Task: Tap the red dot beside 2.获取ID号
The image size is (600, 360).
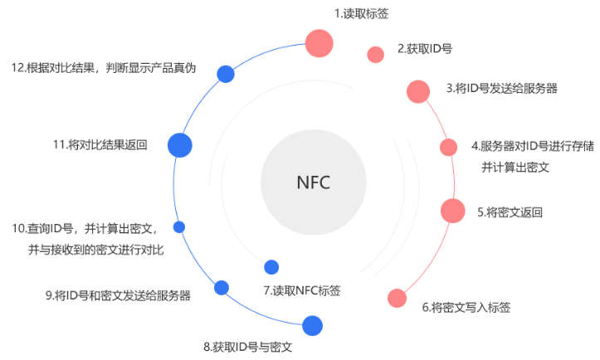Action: (375, 55)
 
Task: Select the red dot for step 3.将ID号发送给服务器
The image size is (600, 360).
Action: (418, 91)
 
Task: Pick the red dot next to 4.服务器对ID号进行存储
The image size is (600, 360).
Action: (448, 147)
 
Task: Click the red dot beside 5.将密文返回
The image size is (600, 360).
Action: (452, 210)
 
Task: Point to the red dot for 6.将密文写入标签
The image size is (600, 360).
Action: (398, 298)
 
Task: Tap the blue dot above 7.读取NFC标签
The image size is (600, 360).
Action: (271, 267)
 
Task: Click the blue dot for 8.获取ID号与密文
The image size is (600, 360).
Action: (312, 325)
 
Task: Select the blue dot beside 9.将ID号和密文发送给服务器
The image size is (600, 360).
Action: (221, 288)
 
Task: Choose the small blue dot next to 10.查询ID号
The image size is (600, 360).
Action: (178, 226)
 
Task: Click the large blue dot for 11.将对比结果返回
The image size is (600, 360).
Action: (180, 145)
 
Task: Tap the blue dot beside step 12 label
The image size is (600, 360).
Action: (224, 74)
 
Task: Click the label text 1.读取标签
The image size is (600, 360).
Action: (357, 13)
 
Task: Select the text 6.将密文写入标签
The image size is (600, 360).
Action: (466, 308)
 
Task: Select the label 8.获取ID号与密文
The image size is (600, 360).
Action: (248, 346)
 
